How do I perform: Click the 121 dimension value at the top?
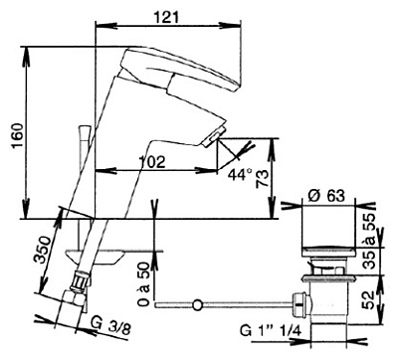point(167,17)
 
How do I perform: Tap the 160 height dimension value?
point(17,136)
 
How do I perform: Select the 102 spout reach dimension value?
point(151,162)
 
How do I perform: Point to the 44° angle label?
point(240,174)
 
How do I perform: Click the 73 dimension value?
point(262,179)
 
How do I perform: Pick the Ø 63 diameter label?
point(326,195)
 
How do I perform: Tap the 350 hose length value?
point(44,250)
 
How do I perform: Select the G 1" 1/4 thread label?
point(271,330)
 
